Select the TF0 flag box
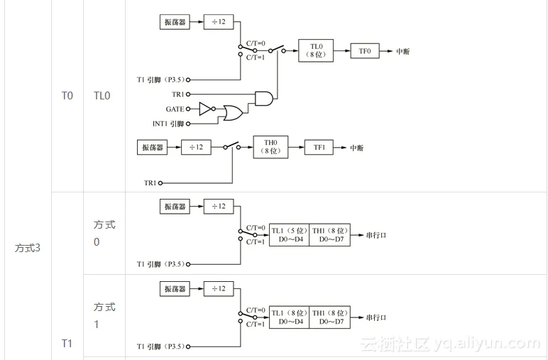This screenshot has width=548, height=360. (x=365, y=51)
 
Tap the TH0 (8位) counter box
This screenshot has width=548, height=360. (x=270, y=147)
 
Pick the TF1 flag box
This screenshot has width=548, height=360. (x=319, y=148)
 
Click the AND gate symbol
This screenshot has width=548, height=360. (x=264, y=98)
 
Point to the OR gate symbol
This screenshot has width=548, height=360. (x=231, y=113)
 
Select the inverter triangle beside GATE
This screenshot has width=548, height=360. (x=204, y=109)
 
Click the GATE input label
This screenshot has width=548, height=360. (x=175, y=109)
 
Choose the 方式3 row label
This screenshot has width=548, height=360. (x=28, y=248)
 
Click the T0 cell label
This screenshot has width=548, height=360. (x=67, y=95)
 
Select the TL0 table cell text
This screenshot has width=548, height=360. (x=102, y=95)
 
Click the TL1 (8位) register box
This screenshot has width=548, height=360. (x=289, y=317)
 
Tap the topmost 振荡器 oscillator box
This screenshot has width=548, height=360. (x=174, y=22)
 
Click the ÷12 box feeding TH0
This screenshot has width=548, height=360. (x=196, y=148)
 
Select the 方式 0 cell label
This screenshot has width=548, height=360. (x=104, y=233)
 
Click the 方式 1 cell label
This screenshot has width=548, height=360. (x=104, y=315)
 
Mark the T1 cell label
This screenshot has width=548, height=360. (x=67, y=344)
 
